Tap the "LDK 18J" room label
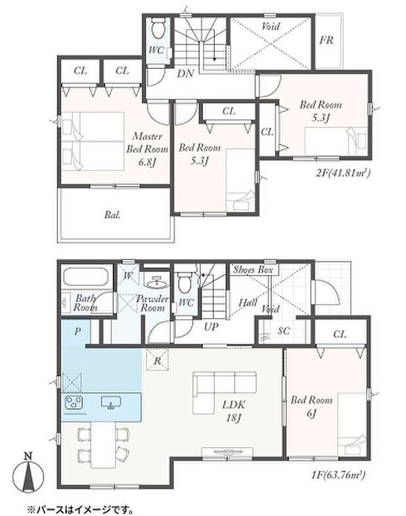pyautogui.click(x=233, y=411)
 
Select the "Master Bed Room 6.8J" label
pyautogui.click(x=147, y=149)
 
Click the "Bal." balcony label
pyautogui.click(x=113, y=215)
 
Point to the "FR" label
pyautogui.click(x=327, y=40)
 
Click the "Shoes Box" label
pyautogui.click(x=253, y=270)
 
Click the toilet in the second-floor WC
pyautogui.click(x=158, y=28)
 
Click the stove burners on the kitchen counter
pyautogui.click(x=73, y=402)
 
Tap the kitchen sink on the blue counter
pyautogui.click(x=111, y=402)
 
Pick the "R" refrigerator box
pyautogui.click(x=157, y=360)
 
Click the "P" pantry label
pyautogui.click(x=77, y=331)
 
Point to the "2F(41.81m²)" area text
pyautogui.click(x=343, y=172)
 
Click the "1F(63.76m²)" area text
pyautogui.click(x=339, y=475)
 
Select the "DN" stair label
pyautogui.click(x=185, y=73)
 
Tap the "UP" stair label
pyautogui.click(x=211, y=327)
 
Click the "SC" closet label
pyautogui.click(x=284, y=330)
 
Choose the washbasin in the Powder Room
pyautogui.click(x=157, y=282)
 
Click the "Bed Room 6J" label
pyautogui.click(x=311, y=406)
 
